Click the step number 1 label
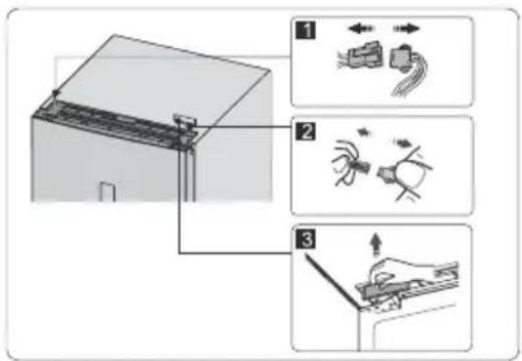305,30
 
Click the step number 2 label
305,132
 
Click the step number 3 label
305,240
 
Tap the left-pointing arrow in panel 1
361,28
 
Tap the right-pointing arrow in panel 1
406,28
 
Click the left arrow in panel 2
364,133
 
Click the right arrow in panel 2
403,143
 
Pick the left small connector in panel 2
362,165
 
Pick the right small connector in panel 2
385,174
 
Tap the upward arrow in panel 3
377,245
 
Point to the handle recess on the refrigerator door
107,192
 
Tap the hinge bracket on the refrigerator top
185,128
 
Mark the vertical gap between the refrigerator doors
189,175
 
